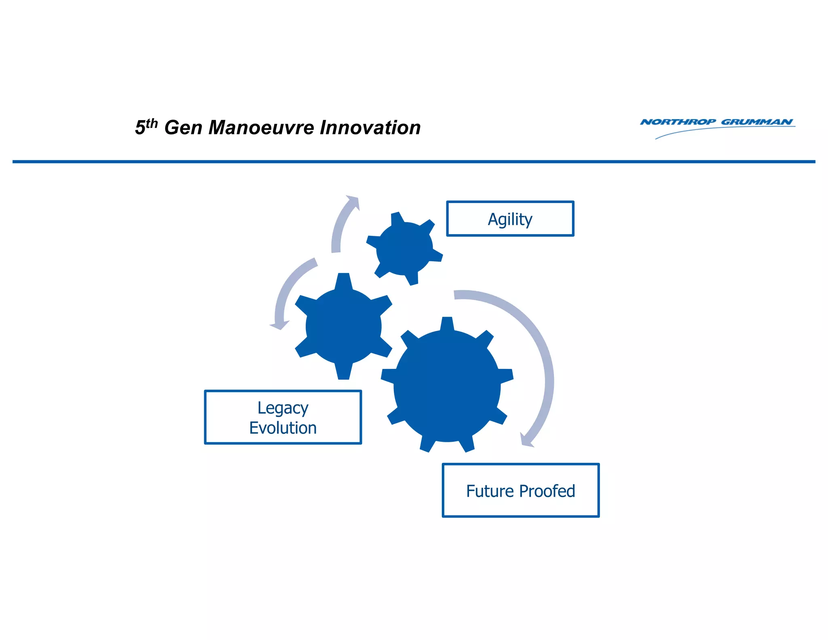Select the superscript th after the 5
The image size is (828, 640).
coord(152,123)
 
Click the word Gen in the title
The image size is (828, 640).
coord(183,128)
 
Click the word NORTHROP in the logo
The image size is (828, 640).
coord(678,122)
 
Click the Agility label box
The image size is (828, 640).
coord(510,219)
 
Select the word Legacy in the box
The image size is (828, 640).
coord(283,408)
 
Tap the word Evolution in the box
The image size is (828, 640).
coord(283,428)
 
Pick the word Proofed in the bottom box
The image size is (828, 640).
coord(547,491)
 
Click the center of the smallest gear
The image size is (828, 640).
coord(404,248)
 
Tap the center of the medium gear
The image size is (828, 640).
coord(343,326)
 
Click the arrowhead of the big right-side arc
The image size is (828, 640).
coord(526,441)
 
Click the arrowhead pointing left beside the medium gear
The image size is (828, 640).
coord(279,325)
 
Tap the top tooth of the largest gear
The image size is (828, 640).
coord(447,324)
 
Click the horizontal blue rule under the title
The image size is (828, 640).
coord(414,162)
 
